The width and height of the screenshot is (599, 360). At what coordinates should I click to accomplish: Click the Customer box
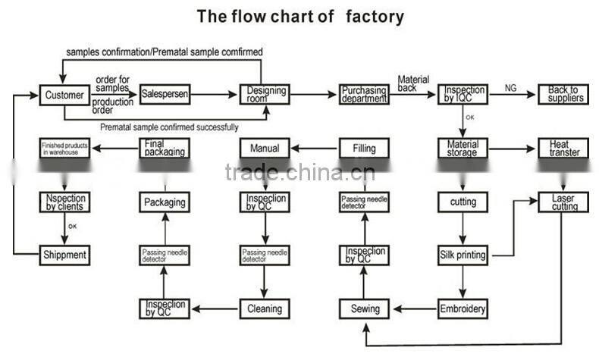click(x=64, y=95)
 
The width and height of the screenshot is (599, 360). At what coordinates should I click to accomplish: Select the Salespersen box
click(x=165, y=95)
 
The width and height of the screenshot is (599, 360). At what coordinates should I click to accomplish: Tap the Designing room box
click(x=265, y=94)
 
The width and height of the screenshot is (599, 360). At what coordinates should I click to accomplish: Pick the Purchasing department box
click(x=363, y=94)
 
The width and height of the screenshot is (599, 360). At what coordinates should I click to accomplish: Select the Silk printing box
click(x=463, y=255)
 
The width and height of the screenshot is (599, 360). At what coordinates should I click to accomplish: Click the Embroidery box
click(x=463, y=308)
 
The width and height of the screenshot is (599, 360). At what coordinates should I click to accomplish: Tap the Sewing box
click(x=364, y=308)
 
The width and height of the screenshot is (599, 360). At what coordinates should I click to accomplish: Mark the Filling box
click(x=363, y=148)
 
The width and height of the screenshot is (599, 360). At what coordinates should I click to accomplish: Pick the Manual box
click(x=265, y=148)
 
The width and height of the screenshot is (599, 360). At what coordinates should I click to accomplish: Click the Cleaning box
click(x=265, y=308)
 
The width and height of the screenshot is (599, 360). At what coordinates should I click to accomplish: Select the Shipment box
click(x=64, y=255)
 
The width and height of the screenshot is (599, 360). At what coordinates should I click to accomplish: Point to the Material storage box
click(x=463, y=148)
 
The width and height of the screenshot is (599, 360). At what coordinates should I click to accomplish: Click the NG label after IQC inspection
click(x=511, y=89)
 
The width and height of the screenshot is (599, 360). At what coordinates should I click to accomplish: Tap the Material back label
click(x=413, y=83)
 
